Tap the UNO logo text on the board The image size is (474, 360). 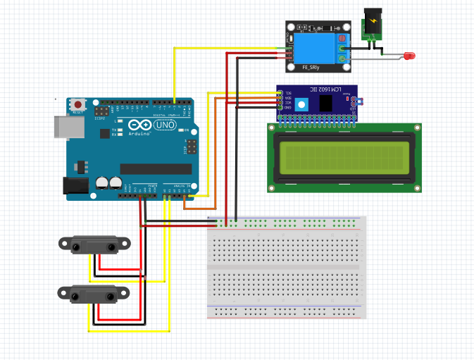[x=166, y=125]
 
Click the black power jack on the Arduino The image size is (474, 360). [x=74, y=185]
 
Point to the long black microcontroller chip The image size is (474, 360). [x=156, y=168]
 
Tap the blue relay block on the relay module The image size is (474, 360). [x=313, y=50]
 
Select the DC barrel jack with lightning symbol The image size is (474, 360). [x=371, y=24]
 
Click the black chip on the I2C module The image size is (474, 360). [x=327, y=103]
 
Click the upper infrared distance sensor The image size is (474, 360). [x=94, y=244]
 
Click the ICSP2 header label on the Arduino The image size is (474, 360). [x=99, y=118]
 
